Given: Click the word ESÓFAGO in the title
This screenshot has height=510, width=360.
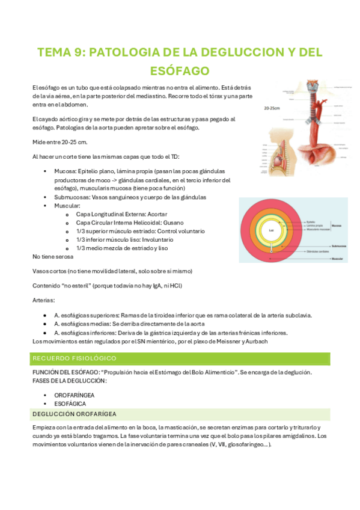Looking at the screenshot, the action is (x=180, y=71).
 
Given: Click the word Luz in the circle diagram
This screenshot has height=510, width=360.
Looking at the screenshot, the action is (x=271, y=230).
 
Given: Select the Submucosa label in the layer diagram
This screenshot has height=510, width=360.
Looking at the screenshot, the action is (x=338, y=245).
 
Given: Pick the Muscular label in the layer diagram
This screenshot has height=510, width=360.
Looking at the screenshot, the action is (x=337, y=259).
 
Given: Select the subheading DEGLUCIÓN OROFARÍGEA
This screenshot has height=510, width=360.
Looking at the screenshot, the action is (x=75, y=414).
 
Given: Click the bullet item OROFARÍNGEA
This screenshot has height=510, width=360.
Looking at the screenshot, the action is (x=74, y=395).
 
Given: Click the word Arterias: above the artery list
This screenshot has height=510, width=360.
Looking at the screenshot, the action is (x=43, y=299).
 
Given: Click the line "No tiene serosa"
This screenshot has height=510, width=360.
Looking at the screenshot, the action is (x=53, y=256).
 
